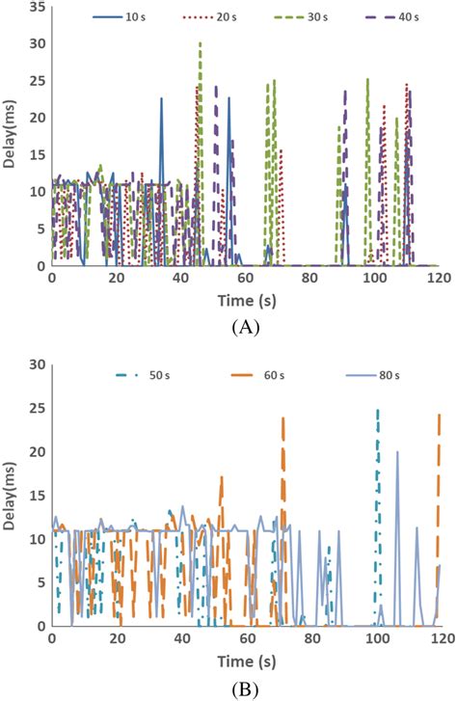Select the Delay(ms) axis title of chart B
pyautogui.click(x=11, y=495)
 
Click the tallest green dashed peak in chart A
pyautogui.click(x=200, y=43)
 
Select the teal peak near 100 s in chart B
pyautogui.click(x=377, y=411)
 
